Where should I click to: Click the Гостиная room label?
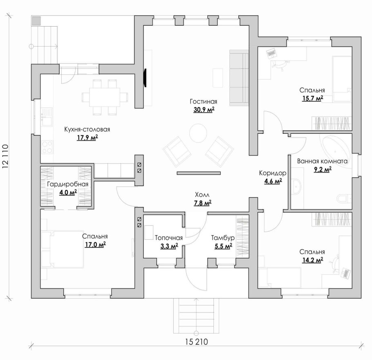(x=203, y=101)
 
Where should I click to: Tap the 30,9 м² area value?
(x=204, y=110)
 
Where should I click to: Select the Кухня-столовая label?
(x=87, y=129)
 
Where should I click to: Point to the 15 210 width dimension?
(x=196, y=342)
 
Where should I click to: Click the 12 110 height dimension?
(x=5, y=157)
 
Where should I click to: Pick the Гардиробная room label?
(x=67, y=184)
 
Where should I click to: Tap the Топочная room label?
(x=169, y=238)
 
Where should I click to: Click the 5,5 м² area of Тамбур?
(x=223, y=246)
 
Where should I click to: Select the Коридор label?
(x=273, y=173)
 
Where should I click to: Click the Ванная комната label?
(x=322, y=161)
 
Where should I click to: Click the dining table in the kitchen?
(x=105, y=97)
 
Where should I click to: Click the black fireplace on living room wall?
(x=145, y=78)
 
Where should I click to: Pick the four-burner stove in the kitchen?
(x=47, y=147)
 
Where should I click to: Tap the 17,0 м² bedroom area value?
(x=95, y=244)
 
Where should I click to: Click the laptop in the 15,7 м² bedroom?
(x=271, y=54)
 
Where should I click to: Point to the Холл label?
(x=202, y=195)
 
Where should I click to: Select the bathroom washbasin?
(x=296, y=186)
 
